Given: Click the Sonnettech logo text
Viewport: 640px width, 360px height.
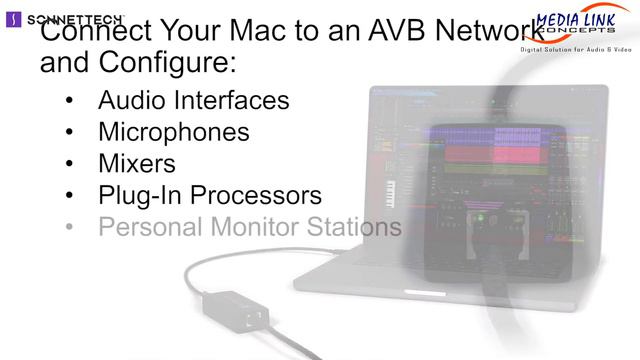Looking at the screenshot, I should (x=71, y=18).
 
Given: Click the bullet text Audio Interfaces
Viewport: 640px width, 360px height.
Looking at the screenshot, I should (x=193, y=100).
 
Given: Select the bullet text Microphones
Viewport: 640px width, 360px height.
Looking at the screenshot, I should (x=173, y=131).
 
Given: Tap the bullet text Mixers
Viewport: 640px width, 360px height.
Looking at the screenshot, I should (x=136, y=163).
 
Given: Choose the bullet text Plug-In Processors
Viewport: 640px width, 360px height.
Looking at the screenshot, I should (x=209, y=194).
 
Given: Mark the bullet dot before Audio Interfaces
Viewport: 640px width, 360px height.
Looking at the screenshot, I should (x=68, y=101).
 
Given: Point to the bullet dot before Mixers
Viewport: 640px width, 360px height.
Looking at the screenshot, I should (x=68, y=164).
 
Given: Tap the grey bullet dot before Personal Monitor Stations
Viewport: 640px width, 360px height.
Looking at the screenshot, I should (x=68, y=227).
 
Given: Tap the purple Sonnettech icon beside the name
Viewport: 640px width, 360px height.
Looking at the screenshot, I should (x=11, y=18).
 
